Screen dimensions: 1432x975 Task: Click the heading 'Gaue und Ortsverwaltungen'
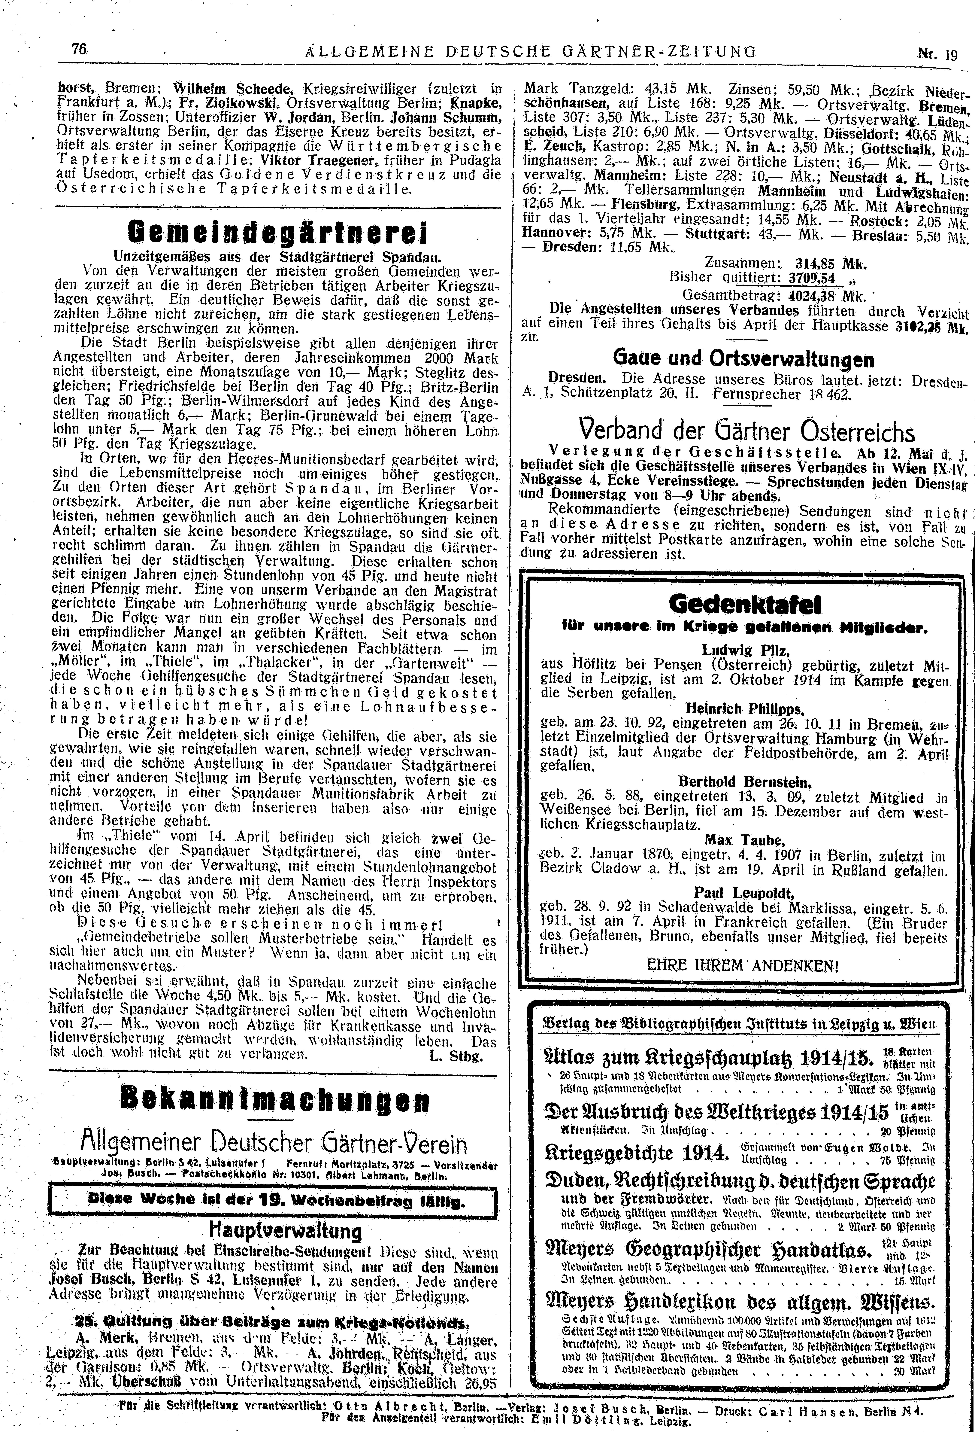(743, 359)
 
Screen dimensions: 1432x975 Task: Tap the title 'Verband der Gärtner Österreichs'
(746, 430)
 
